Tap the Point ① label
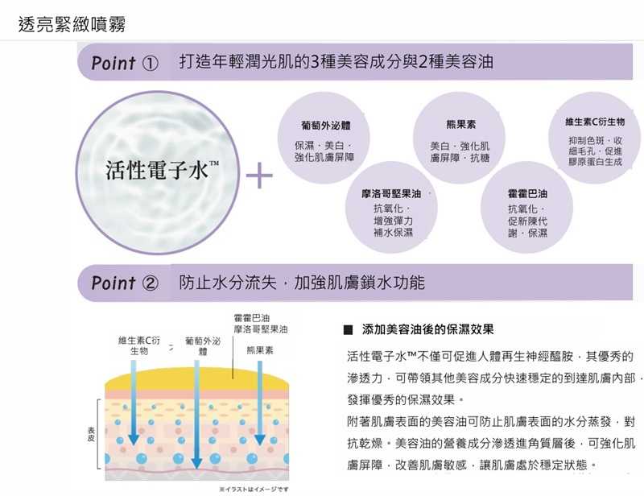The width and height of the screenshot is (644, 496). [124, 63]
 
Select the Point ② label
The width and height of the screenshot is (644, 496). [124, 283]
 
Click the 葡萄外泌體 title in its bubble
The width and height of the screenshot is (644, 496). [324, 126]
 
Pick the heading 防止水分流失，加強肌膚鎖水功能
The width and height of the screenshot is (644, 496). [302, 283]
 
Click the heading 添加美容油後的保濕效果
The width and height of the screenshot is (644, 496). [427, 329]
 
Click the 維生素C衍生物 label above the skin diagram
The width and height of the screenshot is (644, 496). [139, 346]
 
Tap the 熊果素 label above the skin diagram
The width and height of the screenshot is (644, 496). [259, 351]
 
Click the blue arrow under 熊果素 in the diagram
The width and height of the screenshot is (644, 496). [259, 403]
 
